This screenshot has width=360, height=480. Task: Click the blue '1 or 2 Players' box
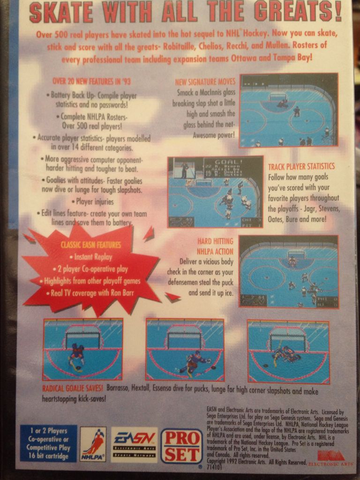[x=48, y=443]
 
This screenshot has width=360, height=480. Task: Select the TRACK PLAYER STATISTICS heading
[x=301, y=167]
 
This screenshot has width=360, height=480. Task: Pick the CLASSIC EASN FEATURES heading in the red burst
[x=90, y=245]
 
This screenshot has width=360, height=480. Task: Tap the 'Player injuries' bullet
[x=95, y=202]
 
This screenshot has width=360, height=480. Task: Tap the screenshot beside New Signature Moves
[x=289, y=110]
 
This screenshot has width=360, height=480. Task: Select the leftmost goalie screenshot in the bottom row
[x=82, y=349]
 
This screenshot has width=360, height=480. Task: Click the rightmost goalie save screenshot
[x=288, y=351]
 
